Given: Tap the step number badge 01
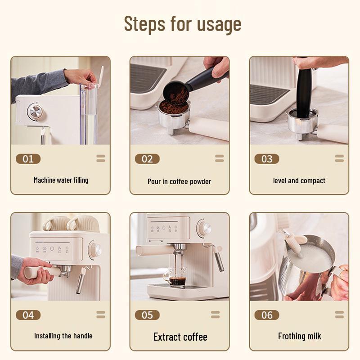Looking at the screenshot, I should pyautogui.click(x=28, y=158).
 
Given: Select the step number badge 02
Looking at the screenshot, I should pyautogui.click(x=147, y=158).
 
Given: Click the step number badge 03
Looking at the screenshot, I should pyautogui.click(x=267, y=158).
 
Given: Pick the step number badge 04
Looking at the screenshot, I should pyautogui.click(x=28, y=315).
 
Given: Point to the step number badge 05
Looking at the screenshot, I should pyautogui.click(x=147, y=315).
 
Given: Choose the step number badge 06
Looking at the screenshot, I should pyautogui.click(x=267, y=315).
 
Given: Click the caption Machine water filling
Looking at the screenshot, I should pyautogui.click(x=61, y=180).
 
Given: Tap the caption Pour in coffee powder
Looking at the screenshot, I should pyautogui.click(x=179, y=181).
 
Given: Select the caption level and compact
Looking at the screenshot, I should pyautogui.click(x=299, y=180).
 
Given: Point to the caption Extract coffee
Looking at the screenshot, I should pyautogui.click(x=180, y=337).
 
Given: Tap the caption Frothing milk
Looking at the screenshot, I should pyautogui.click(x=299, y=336).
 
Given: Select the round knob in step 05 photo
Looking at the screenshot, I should pyautogui.click(x=205, y=228).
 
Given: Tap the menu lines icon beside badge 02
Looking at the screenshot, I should pyautogui.click(x=219, y=158).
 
